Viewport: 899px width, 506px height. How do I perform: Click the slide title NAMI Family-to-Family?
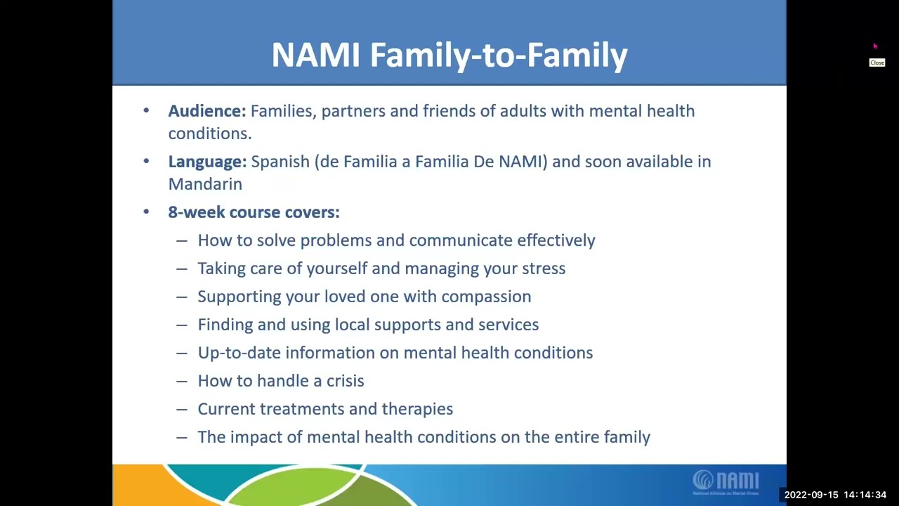pos(449,55)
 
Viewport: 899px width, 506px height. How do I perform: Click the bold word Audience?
pos(206,111)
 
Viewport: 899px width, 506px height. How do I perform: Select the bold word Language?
pos(207,162)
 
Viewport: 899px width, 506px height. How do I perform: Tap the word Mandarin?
pos(205,184)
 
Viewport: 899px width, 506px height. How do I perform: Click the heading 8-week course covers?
pos(254,212)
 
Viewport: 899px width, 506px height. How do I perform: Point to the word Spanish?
pos(280,162)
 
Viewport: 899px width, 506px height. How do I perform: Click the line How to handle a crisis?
pos(280,381)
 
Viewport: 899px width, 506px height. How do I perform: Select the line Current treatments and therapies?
pos(324,409)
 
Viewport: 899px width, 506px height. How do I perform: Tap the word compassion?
pos(486,297)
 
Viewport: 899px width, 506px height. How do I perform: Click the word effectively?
pos(556,240)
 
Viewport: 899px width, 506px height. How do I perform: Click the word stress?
pos(544,268)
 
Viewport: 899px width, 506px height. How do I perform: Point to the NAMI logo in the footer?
pos(726,482)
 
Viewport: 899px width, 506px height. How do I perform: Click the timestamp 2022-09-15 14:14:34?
pos(835,495)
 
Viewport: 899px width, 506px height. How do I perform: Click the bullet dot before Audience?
pos(146,111)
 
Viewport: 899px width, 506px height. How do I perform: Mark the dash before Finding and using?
pos(182,325)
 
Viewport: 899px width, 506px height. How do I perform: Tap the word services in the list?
pos(508,325)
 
